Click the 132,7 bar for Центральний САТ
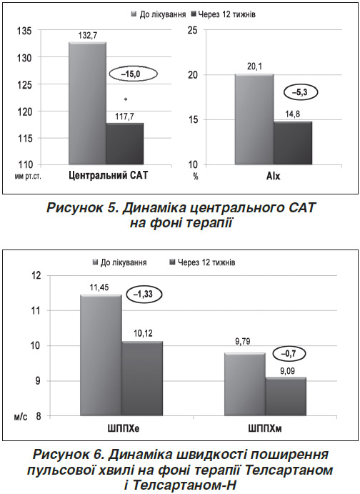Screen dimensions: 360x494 tap(87, 103)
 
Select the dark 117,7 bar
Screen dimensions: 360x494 tap(124, 144)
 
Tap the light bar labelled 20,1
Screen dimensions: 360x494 tap(254, 119)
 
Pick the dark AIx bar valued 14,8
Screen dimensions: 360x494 tap(293, 143)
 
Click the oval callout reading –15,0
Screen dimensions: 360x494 tap(133, 74)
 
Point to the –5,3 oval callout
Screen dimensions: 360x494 tap(301, 93)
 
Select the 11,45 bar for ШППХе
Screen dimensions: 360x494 tap(101, 355)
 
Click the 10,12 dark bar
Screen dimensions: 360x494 tap(142, 379)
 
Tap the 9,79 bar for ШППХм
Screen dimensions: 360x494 tap(245, 385)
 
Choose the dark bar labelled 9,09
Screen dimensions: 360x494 tap(286, 397)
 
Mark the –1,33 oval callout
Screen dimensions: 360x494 tap(144, 295)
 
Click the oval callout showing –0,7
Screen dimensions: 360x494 tap(289, 353)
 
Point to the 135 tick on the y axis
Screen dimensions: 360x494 tap(23, 31)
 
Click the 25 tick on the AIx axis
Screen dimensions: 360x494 tap(192, 30)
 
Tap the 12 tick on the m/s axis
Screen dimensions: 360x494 tap(37, 276)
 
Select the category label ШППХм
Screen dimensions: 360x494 tap(265, 428)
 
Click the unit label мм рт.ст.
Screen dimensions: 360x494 tap(27, 177)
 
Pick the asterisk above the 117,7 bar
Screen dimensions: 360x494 tap(126, 100)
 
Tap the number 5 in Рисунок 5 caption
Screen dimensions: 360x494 tap(111, 208)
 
